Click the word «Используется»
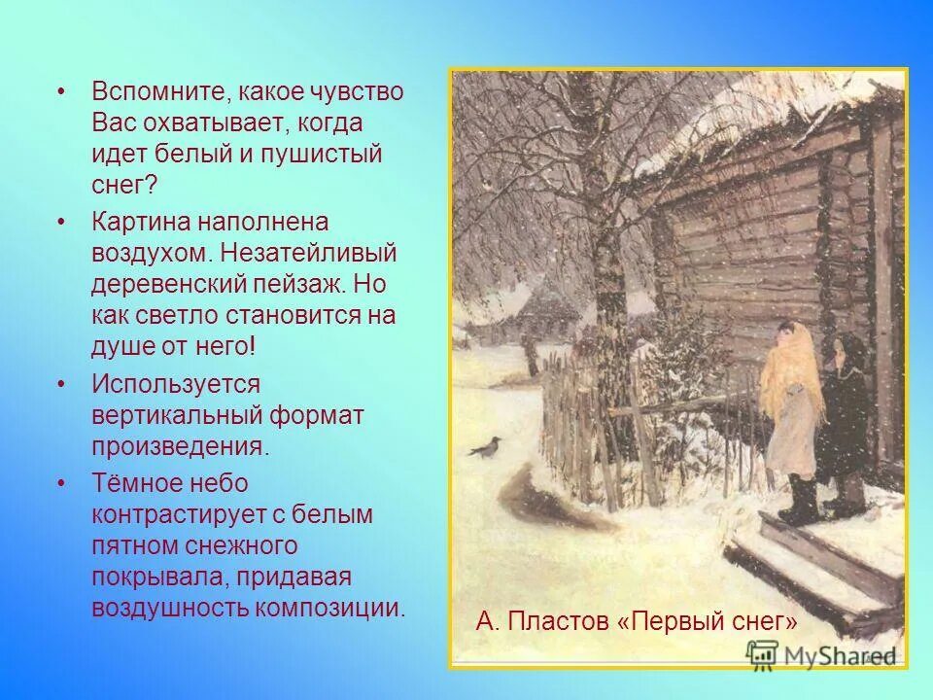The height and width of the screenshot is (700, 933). coord(176,384)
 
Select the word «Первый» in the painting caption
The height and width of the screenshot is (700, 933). coord(679,620)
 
